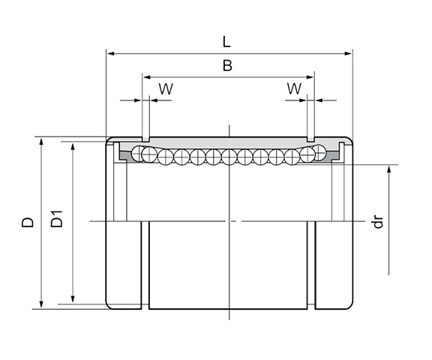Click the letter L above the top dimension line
[x=227, y=42]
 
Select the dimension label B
[x=227, y=66]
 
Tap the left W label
[x=166, y=88]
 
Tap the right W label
[x=294, y=88]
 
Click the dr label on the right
[x=379, y=222]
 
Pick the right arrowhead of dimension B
[x=310, y=76]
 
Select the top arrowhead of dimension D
[x=38, y=142]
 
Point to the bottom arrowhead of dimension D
[x=38, y=304]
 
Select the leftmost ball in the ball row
[x=137, y=154]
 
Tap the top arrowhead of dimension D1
[x=72, y=145]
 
